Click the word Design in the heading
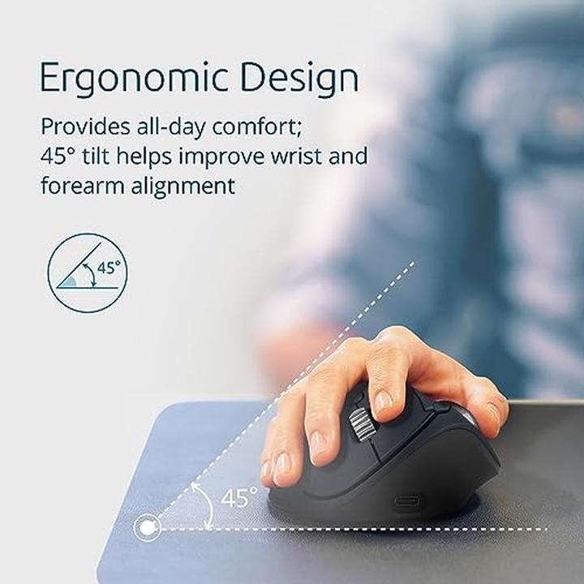point(294,78)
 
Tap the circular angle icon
point(87,273)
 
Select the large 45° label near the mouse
point(238,496)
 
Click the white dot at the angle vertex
point(147,528)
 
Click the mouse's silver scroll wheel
point(358,423)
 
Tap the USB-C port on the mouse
point(407,500)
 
